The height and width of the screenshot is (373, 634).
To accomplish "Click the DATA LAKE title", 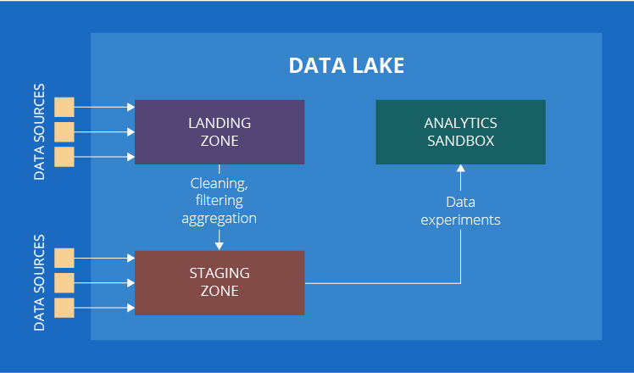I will pos(346,66).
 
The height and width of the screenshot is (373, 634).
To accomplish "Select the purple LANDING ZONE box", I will pos(220,131).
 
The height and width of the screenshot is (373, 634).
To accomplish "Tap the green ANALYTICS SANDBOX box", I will pos(460,131).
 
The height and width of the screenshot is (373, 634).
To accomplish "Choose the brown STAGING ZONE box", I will pos(220,282).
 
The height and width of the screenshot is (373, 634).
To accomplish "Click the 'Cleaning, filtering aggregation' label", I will pos(220,200).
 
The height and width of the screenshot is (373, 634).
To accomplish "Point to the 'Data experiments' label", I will pos(460,210).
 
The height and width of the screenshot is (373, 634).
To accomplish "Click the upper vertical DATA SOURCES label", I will pos(39,131).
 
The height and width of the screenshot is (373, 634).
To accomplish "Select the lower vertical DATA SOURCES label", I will pos(39,282).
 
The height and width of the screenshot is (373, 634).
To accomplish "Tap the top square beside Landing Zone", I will pos(64,107).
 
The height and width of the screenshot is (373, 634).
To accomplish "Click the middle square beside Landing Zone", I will pos(64,131).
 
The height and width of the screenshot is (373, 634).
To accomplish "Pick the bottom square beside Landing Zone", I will pos(64,157).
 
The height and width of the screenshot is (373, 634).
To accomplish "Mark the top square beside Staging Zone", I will pos(64,258).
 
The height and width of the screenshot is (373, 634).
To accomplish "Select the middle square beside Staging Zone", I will pos(64,282).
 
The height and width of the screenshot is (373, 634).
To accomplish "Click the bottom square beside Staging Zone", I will pos(64,307).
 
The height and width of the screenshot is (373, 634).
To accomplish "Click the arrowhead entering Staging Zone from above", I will pos(220,246).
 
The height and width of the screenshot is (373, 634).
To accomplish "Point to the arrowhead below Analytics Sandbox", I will pos(460,169).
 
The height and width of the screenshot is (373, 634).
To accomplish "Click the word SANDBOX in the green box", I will pos(460,141).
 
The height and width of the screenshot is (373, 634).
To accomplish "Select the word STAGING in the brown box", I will pos(220,273).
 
